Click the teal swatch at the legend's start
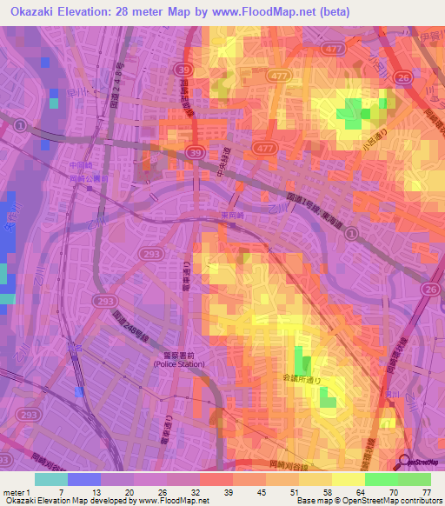51,479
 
